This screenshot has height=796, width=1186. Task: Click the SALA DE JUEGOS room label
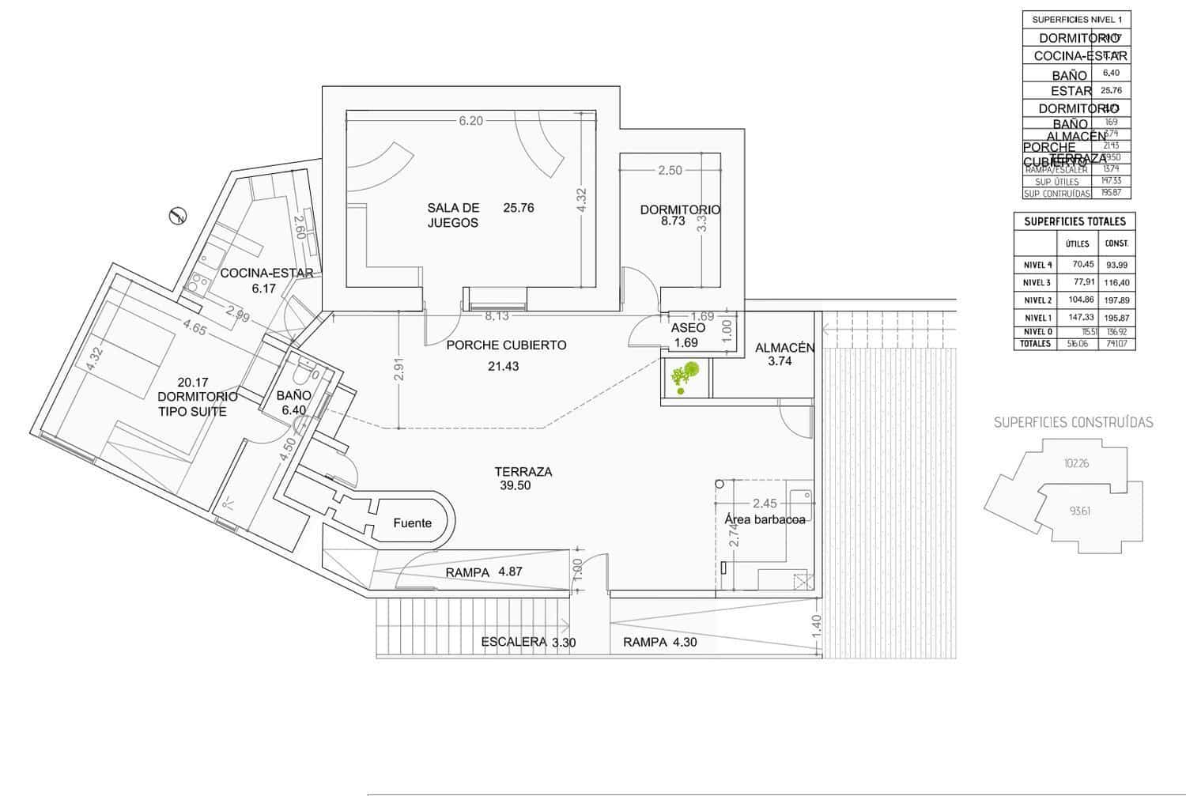[453, 215]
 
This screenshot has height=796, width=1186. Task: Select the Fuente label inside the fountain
[413, 522]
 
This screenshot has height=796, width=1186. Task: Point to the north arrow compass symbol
[178, 215]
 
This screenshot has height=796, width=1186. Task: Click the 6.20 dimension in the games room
[470, 121]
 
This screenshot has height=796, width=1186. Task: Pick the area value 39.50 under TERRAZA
[515, 485]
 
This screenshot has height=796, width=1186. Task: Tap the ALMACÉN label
[784, 348]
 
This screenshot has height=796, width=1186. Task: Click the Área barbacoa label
[765, 519]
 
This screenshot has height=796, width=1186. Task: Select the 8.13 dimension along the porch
[497, 316]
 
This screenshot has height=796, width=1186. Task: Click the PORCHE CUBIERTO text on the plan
[506, 345]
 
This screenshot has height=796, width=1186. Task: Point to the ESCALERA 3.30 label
[528, 643]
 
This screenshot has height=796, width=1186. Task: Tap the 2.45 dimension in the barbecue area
[765, 503]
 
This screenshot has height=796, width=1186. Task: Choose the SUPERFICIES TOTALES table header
[1075, 221]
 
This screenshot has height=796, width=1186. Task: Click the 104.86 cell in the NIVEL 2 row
[1078, 300]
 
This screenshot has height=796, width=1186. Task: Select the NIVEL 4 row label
[1037, 265]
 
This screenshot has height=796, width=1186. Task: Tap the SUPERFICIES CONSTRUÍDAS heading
[1073, 422]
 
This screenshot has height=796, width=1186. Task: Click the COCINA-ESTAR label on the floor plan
[266, 274]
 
